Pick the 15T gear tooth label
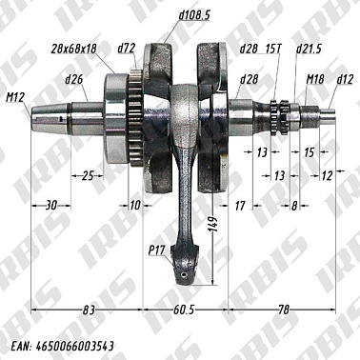pos(273,47)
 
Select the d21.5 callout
pos(310,47)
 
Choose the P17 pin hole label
pos(157,251)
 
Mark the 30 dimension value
pos(51,204)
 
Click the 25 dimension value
pos(88,175)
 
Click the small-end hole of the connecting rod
pos(182,274)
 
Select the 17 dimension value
pos(239,204)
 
